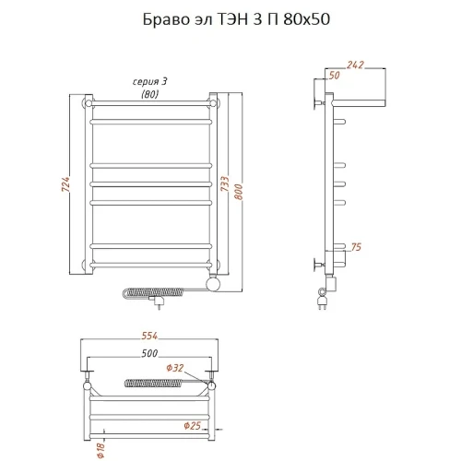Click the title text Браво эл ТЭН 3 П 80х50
click(x=236, y=19)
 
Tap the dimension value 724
click(x=65, y=184)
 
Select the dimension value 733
click(x=225, y=183)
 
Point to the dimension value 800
click(x=239, y=192)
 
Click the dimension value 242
click(x=355, y=65)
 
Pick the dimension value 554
click(x=149, y=336)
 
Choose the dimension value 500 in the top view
click(x=149, y=353)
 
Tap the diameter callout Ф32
click(x=175, y=368)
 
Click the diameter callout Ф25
click(x=193, y=426)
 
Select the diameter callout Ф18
click(x=101, y=451)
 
